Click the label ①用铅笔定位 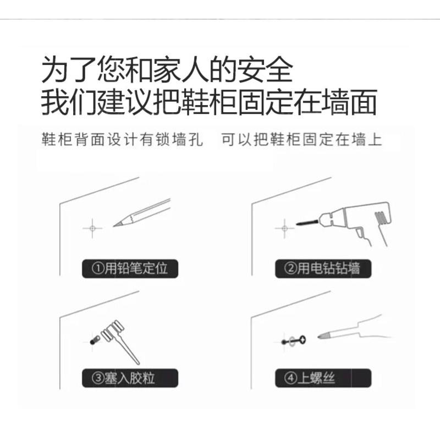(x=130, y=268)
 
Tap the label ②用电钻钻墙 (x=323, y=268)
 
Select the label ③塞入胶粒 (x=130, y=378)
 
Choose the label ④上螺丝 (x=323, y=378)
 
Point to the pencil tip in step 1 (x=114, y=226)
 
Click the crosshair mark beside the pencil (x=92, y=228)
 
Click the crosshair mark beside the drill (x=284, y=228)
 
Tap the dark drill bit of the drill (x=307, y=223)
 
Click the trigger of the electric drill (x=360, y=233)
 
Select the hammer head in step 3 (x=113, y=331)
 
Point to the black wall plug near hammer (x=95, y=340)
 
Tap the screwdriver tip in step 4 (x=319, y=337)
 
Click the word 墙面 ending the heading (x=349, y=102)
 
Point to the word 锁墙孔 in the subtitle (x=179, y=139)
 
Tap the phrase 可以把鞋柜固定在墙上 (x=301, y=139)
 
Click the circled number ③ (x=98, y=378)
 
